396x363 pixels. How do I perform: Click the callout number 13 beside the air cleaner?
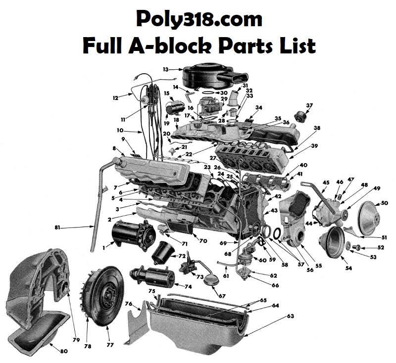point(165,69)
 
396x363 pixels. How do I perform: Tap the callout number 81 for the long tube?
point(57,227)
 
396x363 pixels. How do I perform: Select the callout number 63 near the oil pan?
point(291,316)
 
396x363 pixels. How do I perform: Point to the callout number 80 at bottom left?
point(64,351)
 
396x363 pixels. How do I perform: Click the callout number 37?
point(309,105)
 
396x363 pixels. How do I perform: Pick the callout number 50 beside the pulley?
point(385,203)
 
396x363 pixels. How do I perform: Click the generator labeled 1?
point(133,235)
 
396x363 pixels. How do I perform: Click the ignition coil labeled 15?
point(173,109)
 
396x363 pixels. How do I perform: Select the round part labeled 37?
point(300,116)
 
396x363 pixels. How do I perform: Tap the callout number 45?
point(326,182)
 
